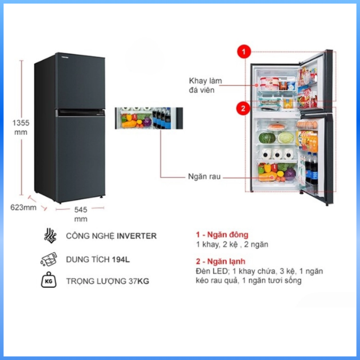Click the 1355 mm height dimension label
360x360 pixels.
21,127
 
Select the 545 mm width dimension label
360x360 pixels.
81,214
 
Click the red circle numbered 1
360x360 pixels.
244,52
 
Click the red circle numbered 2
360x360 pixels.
244,107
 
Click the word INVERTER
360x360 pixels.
137,236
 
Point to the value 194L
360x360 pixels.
120,259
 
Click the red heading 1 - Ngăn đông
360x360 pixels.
222,234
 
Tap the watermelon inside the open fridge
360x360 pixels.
266,139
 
